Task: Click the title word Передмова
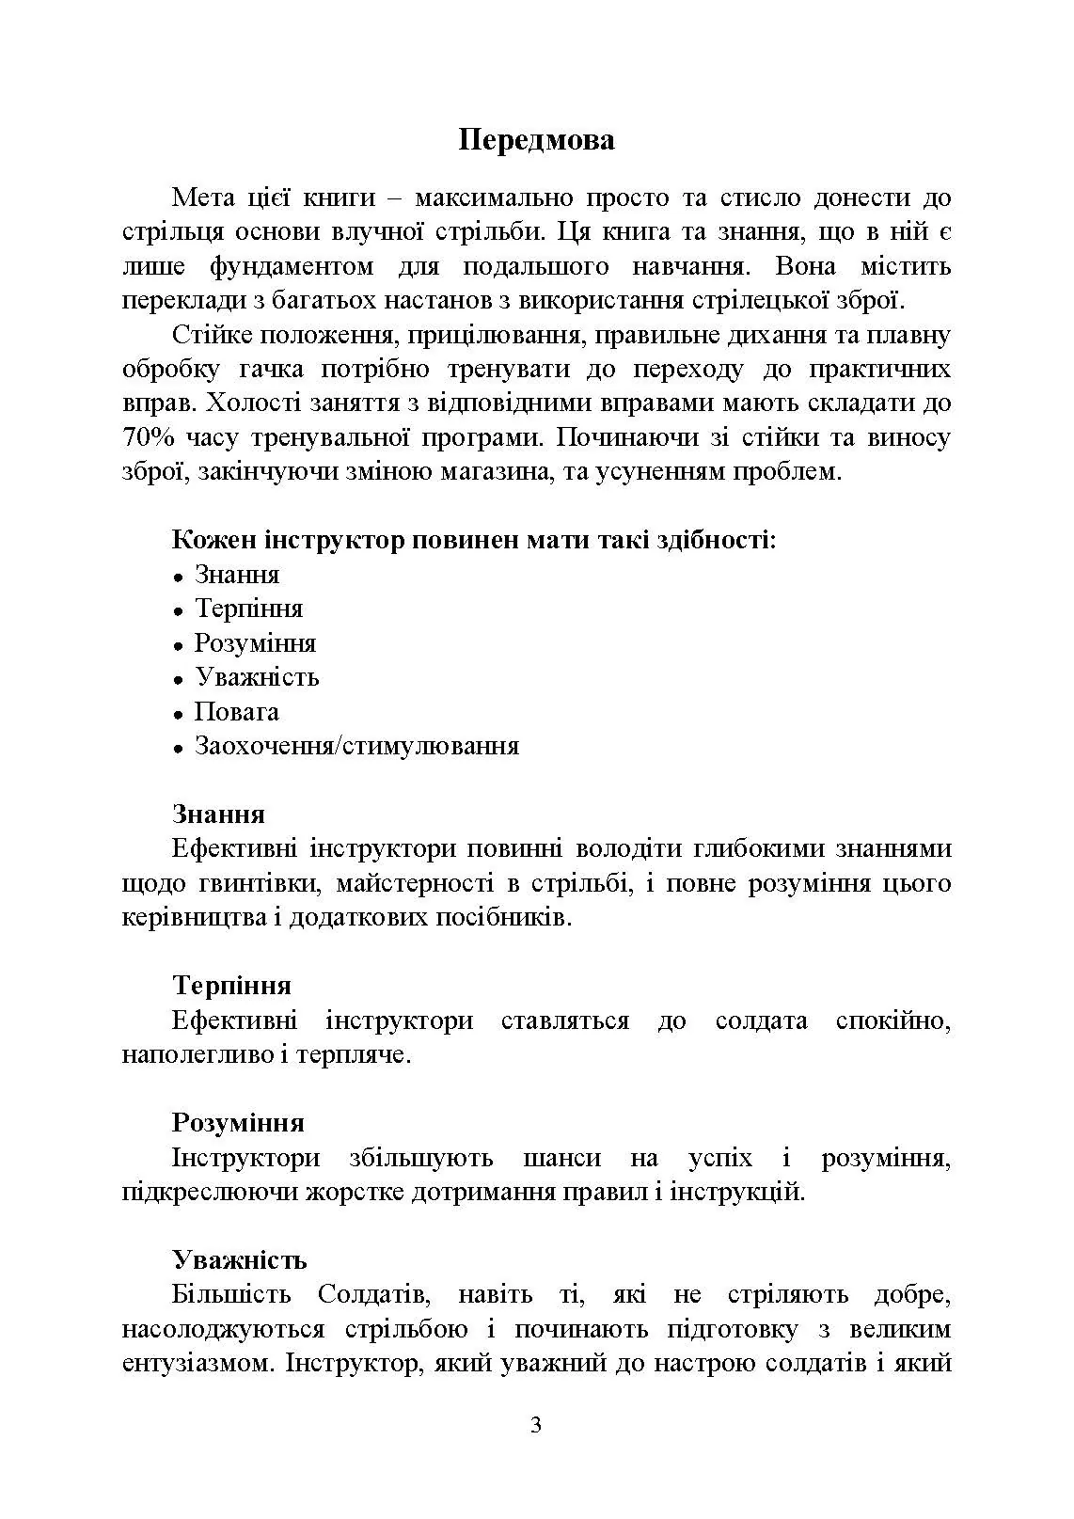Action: (x=536, y=140)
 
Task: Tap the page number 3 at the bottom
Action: (x=536, y=1425)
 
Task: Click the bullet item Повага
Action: (x=236, y=712)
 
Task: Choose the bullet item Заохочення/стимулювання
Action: (x=356, y=747)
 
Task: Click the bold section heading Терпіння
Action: (x=231, y=986)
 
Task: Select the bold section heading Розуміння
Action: (x=238, y=1123)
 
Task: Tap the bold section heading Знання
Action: (x=218, y=815)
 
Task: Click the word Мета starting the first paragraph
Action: (x=205, y=198)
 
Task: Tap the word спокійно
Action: (x=892, y=1021)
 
